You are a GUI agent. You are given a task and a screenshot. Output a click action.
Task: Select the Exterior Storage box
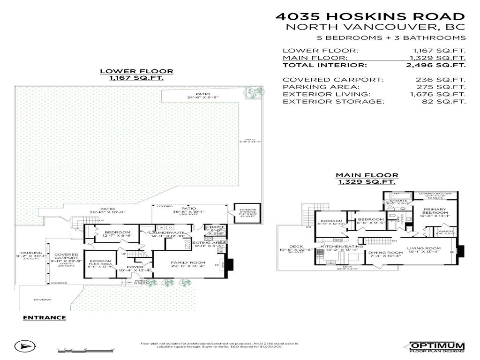pos(247,213)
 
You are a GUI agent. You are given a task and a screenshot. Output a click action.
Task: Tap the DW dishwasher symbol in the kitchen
pos(320,256)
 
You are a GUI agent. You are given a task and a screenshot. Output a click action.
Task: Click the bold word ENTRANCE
pos(45,317)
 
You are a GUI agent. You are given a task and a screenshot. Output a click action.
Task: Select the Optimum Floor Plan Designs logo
pos(437,346)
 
